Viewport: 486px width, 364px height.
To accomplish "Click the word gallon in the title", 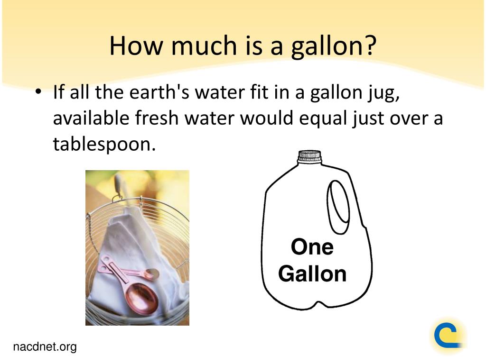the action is [326, 46].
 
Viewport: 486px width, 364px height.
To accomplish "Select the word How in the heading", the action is [136, 45].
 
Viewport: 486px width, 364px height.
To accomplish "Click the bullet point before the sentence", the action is [38, 91].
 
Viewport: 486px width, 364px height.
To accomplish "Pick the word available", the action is [91, 118].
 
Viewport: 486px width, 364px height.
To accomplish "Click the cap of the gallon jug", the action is [309, 156].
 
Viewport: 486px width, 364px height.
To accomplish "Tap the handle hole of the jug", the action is [338, 207].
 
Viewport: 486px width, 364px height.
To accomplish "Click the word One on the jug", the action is [312, 247].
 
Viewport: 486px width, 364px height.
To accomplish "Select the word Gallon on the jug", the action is [312, 273].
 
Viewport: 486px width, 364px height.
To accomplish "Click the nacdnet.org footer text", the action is [45, 347].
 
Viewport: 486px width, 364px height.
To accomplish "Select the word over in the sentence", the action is [409, 118].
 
